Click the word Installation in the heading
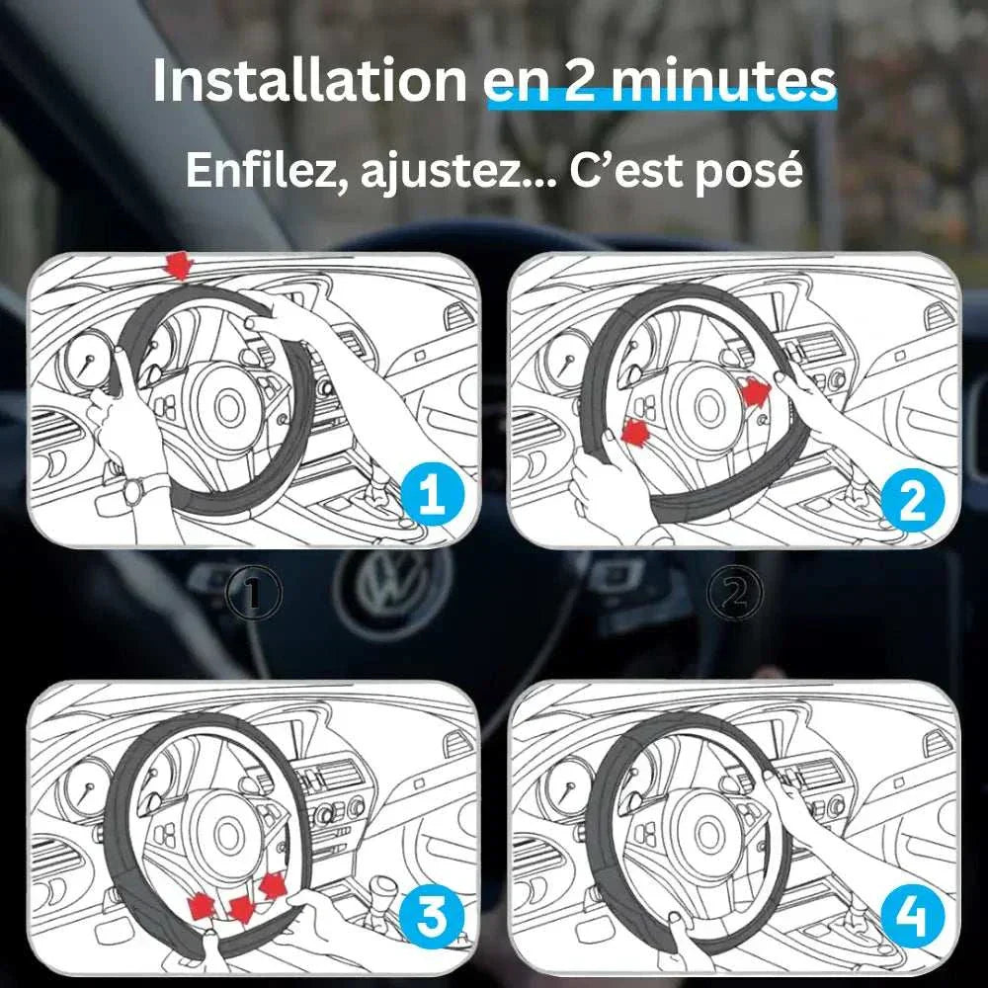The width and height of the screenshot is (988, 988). pos(308,83)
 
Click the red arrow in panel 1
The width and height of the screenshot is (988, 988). pos(178,264)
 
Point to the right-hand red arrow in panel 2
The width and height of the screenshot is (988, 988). pos(756,393)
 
